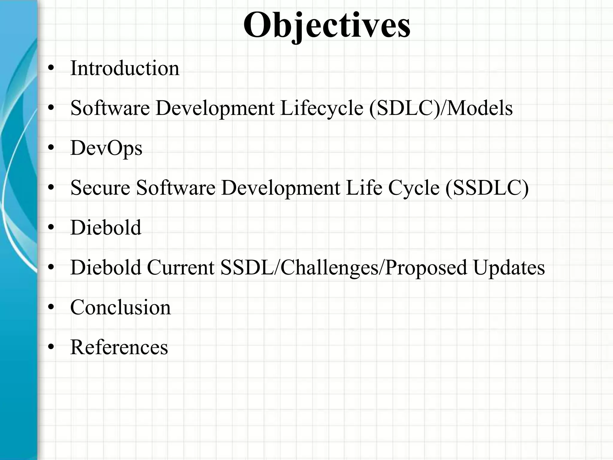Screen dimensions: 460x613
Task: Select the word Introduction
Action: [x=125, y=68]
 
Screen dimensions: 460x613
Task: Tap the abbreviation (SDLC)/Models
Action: [x=441, y=108]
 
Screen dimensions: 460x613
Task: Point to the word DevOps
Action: [x=106, y=148]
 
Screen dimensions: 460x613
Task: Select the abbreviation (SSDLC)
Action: [x=487, y=188]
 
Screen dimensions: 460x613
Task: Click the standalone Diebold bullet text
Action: [x=106, y=228]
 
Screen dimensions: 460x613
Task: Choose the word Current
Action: [x=180, y=267]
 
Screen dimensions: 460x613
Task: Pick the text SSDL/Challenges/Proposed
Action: [x=343, y=267]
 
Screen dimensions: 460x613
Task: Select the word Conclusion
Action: [x=120, y=307]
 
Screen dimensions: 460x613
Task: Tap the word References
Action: [x=119, y=347]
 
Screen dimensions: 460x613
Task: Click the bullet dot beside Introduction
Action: [x=51, y=69]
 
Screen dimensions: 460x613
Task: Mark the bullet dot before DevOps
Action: [x=51, y=148]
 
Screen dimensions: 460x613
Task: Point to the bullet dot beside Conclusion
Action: [x=51, y=308]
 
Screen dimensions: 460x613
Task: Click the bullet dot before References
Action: [x=51, y=347]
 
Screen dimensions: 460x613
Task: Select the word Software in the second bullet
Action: [x=110, y=108]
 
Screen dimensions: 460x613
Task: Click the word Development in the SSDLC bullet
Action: [x=280, y=188]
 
